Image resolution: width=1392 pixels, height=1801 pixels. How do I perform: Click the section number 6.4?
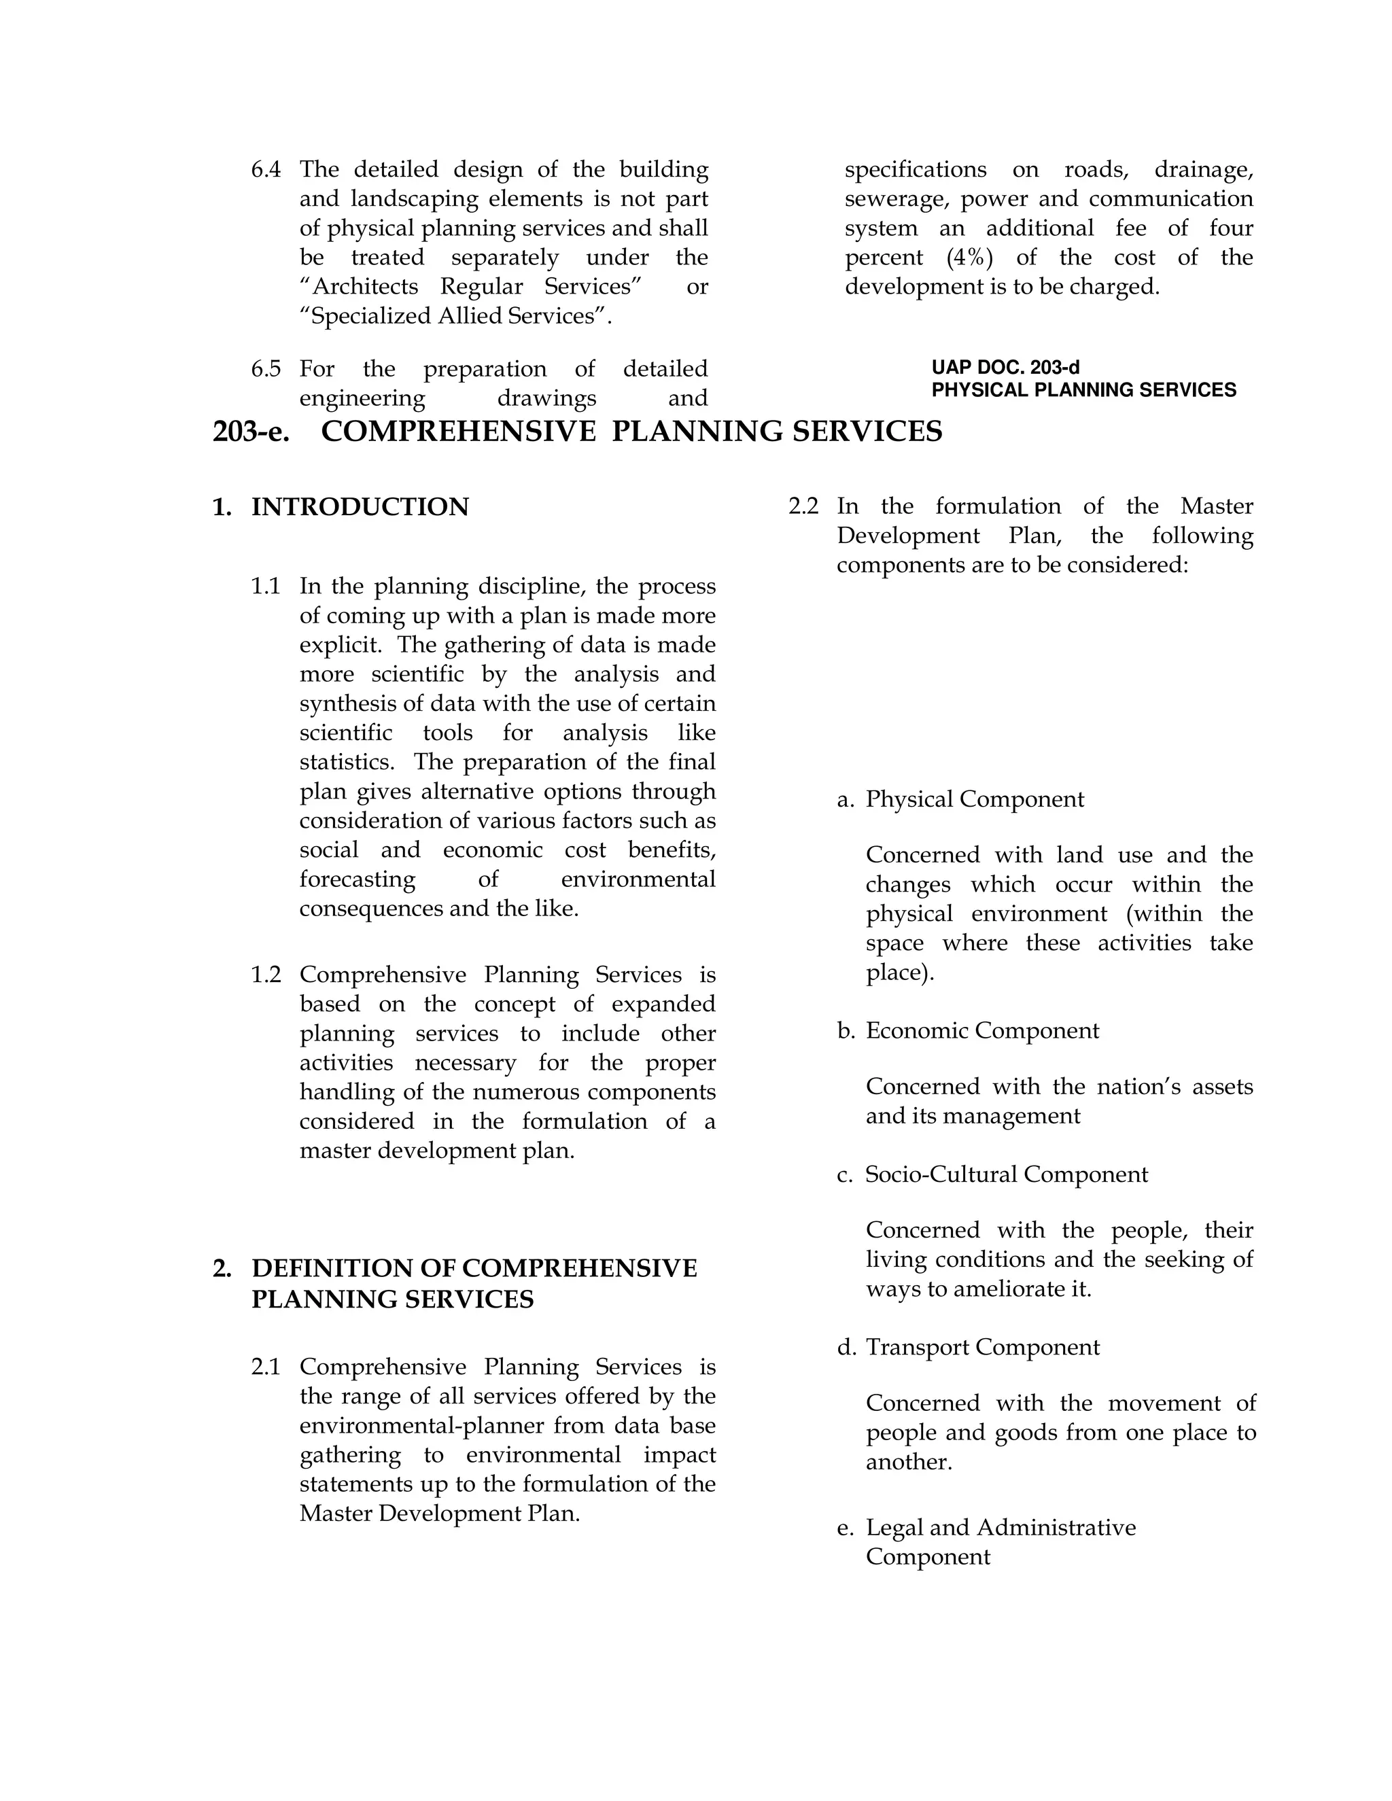[266, 170]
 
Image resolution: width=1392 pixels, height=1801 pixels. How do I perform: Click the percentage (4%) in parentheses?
[970, 258]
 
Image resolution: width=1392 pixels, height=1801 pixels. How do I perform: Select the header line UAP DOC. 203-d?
[1005, 368]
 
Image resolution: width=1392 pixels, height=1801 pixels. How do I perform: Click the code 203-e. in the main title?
[251, 432]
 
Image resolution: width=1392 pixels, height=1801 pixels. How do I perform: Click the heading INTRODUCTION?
[360, 507]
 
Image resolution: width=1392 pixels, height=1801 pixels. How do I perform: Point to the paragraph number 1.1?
[266, 587]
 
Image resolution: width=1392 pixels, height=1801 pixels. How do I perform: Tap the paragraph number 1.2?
[266, 975]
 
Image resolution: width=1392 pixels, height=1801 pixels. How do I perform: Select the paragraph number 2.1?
[266, 1367]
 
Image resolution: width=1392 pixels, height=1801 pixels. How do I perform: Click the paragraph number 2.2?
[803, 506]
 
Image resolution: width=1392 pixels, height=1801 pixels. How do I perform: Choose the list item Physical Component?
[975, 799]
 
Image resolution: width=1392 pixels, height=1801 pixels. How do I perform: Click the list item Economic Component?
[981, 1031]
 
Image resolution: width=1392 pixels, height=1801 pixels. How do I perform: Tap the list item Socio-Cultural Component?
[1006, 1174]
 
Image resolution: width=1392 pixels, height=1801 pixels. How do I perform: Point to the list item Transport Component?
[982, 1348]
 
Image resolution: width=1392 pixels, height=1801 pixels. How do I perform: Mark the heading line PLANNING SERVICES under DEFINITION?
[393, 1299]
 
